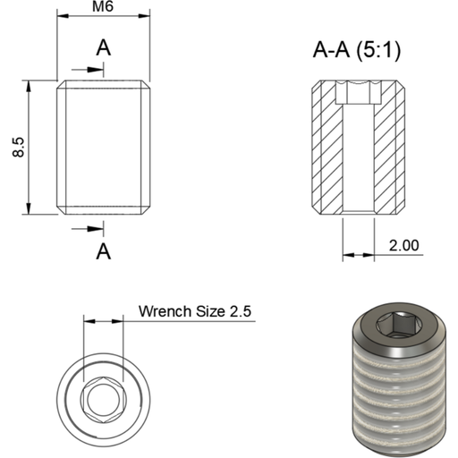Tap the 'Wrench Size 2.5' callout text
pyautogui.click(x=195, y=311)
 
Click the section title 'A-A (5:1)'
pyautogui.click(x=356, y=51)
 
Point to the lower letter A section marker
pyautogui.click(x=104, y=250)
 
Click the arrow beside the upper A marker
pyautogui.click(x=81, y=70)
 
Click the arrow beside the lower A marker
pyautogui.click(x=81, y=227)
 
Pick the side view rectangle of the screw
pyautogui.click(x=104, y=148)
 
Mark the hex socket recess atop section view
pyautogui.click(x=358, y=91)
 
